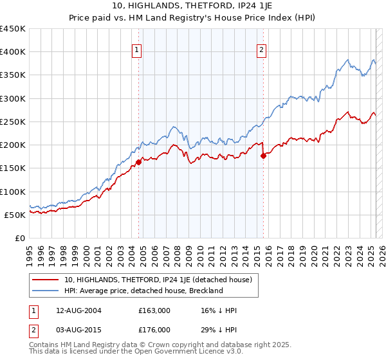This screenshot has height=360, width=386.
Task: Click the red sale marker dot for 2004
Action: click(138, 163)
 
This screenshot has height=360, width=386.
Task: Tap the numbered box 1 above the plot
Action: click(138, 52)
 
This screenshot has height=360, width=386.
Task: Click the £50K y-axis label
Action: click(15, 215)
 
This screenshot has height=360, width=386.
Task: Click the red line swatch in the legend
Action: click(46, 280)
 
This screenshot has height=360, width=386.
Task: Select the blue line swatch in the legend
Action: click(46, 291)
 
